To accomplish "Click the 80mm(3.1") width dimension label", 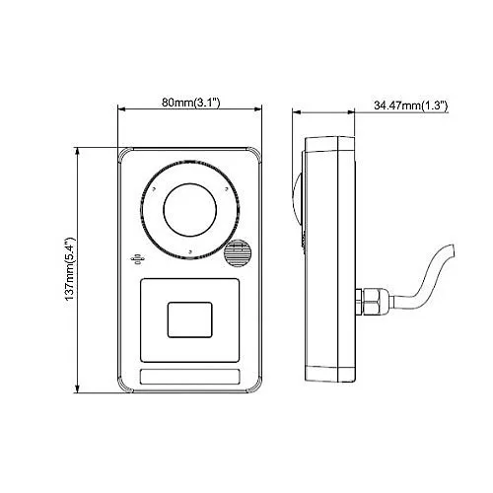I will pos(190,102).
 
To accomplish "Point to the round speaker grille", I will pos(236,255).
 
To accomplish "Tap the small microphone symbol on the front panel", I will pos(137,259).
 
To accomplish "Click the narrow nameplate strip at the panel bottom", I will pos(190,378).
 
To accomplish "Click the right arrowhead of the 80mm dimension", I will pos(259,112).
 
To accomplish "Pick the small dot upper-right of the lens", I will pos(226,187).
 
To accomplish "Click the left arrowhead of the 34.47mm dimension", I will pos(298,113).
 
